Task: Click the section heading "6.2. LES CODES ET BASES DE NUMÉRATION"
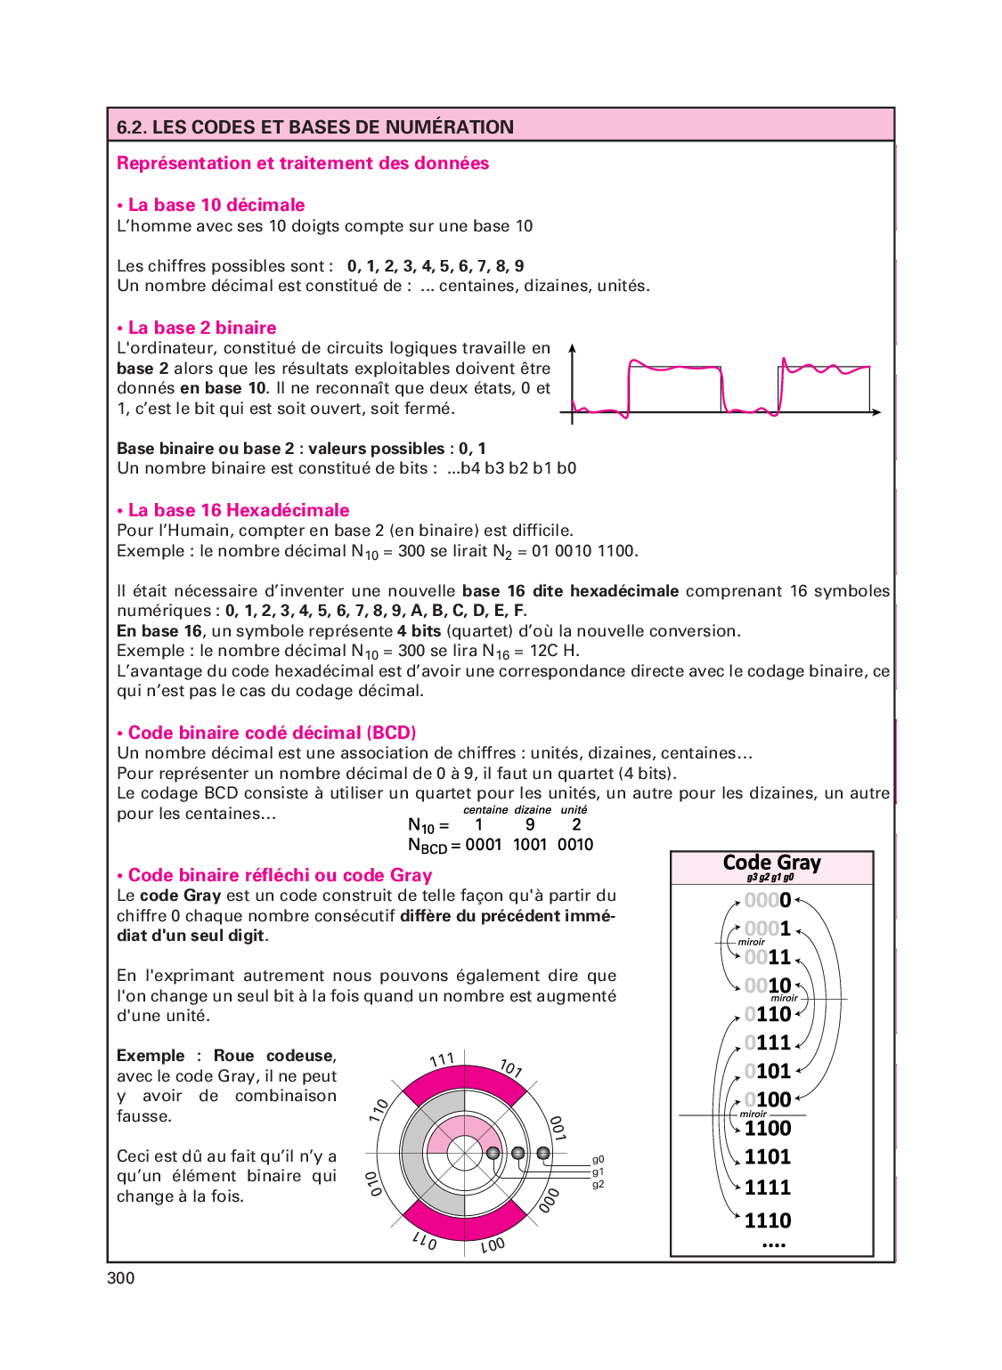[x=315, y=126]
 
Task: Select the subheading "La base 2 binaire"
[x=202, y=328]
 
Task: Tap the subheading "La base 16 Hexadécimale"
[x=239, y=510]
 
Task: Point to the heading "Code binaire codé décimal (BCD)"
[x=272, y=733]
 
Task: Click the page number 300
[x=121, y=1278]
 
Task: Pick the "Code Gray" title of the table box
[x=772, y=863]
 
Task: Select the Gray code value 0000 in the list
[x=768, y=900]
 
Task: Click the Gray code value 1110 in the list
[x=768, y=1220]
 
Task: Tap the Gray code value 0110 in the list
[x=768, y=1014]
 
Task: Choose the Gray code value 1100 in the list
[x=768, y=1128]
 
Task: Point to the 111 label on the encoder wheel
[x=443, y=1059]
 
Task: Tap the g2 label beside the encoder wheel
[x=599, y=1184]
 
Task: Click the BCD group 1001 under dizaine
[x=530, y=845]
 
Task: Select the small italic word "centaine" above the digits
[x=485, y=810]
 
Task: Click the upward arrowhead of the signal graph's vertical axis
[x=572, y=349]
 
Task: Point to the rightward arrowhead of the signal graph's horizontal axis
[x=876, y=412]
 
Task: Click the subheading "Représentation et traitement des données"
[x=303, y=163]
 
